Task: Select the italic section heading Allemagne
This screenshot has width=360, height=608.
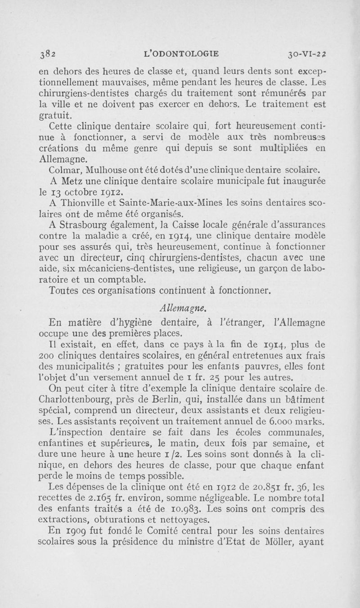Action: pyautogui.click(x=180, y=308)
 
